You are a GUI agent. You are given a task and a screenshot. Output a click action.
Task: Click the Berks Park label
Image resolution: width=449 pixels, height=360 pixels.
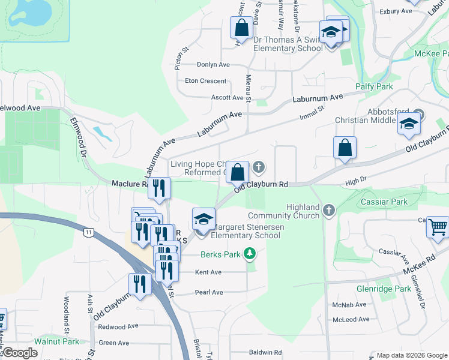coord(220,254)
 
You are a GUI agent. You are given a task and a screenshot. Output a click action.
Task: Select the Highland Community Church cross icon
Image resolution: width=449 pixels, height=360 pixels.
coord(328,210)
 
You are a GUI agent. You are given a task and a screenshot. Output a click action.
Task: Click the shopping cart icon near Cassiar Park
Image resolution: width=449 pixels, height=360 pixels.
coord(439,227)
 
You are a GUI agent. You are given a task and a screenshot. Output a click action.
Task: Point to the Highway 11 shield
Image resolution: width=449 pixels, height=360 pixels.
coord(89,232)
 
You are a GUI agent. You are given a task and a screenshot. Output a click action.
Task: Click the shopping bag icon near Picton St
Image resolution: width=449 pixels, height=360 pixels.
coord(241,28)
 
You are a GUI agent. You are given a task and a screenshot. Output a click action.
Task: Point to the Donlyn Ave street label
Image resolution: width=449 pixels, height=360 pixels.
coord(214,65)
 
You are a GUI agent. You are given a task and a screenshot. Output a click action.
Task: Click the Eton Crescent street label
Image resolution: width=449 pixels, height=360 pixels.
coord(206,81)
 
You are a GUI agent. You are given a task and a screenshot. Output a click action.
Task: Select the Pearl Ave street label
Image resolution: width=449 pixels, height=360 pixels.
coord(208,293)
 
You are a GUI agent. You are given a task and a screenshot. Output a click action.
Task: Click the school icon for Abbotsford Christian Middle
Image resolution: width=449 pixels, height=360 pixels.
coord(409,124)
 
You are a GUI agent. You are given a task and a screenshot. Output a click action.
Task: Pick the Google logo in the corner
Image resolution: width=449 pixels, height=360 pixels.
coord(19,353)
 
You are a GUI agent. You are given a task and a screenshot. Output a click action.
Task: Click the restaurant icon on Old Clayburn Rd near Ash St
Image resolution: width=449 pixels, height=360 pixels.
coord(140,285)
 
